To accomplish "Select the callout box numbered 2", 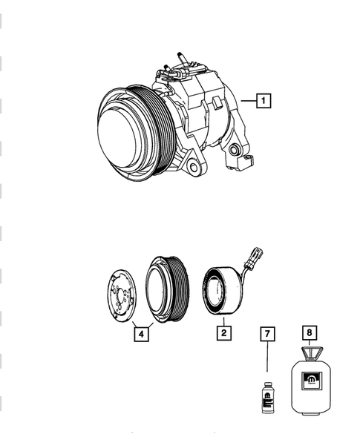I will point(222,332).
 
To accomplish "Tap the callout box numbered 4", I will point(140,333).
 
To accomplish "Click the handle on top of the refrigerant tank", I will point(310,352).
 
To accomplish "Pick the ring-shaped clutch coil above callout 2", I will point(220,289).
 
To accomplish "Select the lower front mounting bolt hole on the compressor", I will point(194,168).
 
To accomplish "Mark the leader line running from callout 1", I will point(247,98).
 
